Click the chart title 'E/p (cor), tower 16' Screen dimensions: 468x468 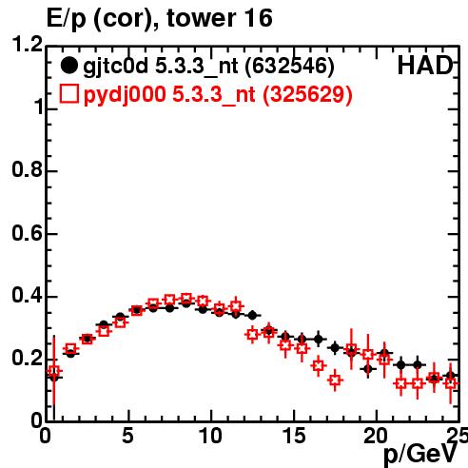[159, 18]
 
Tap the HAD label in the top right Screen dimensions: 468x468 [425, 66]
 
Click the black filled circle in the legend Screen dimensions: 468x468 [68, 66]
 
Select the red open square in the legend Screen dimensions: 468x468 [68, 94]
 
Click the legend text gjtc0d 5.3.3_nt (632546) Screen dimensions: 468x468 [208, 67]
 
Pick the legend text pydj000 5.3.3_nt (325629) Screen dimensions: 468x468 [218, 94]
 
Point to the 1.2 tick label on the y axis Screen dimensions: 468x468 [28, 44]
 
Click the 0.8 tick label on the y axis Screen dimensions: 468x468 [28, 169]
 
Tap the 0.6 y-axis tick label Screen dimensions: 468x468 [28, 233]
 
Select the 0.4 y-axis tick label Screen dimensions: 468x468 [28, 296]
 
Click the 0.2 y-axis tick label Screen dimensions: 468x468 [28, 359]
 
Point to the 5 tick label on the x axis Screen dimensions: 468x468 [127, 436]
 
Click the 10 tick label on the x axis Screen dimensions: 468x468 [210, 436]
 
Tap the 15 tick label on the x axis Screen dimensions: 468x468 [295, 436]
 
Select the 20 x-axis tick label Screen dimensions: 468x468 [376, 436]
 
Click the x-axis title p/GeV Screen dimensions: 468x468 [420, 455]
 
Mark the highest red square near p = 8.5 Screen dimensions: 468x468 [186, 298]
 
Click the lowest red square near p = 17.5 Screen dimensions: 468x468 [335, 380]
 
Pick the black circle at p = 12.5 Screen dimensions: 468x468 [252, 316]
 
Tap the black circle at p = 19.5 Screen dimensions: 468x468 [368, 369]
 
